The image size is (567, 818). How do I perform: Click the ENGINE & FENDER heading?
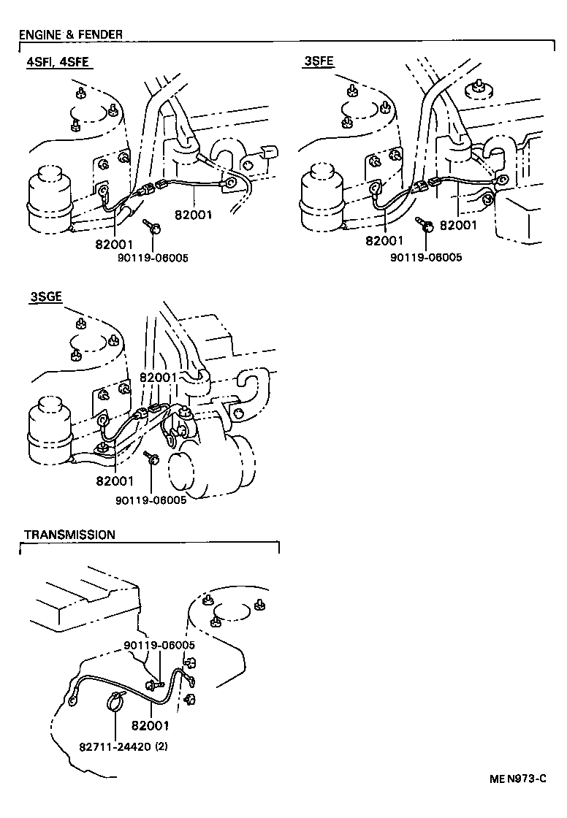point(70,34)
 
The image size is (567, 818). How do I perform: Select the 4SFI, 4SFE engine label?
point(57,62)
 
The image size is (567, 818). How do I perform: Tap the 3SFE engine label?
point(319,62)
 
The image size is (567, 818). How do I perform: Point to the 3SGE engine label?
point(45,297)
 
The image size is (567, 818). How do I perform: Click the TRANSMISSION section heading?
point(69,535)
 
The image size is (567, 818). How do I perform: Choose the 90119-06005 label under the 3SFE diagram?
point(426,257)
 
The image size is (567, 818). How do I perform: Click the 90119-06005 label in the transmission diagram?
point(159,645)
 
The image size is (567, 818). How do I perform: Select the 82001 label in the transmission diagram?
point(150,725)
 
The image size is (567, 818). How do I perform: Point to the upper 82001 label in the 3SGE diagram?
point(159,377)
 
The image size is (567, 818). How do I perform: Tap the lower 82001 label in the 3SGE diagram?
point(114,481)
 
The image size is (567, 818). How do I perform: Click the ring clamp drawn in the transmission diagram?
point(116,701)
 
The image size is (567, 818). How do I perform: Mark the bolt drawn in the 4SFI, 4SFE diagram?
point(153,227)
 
